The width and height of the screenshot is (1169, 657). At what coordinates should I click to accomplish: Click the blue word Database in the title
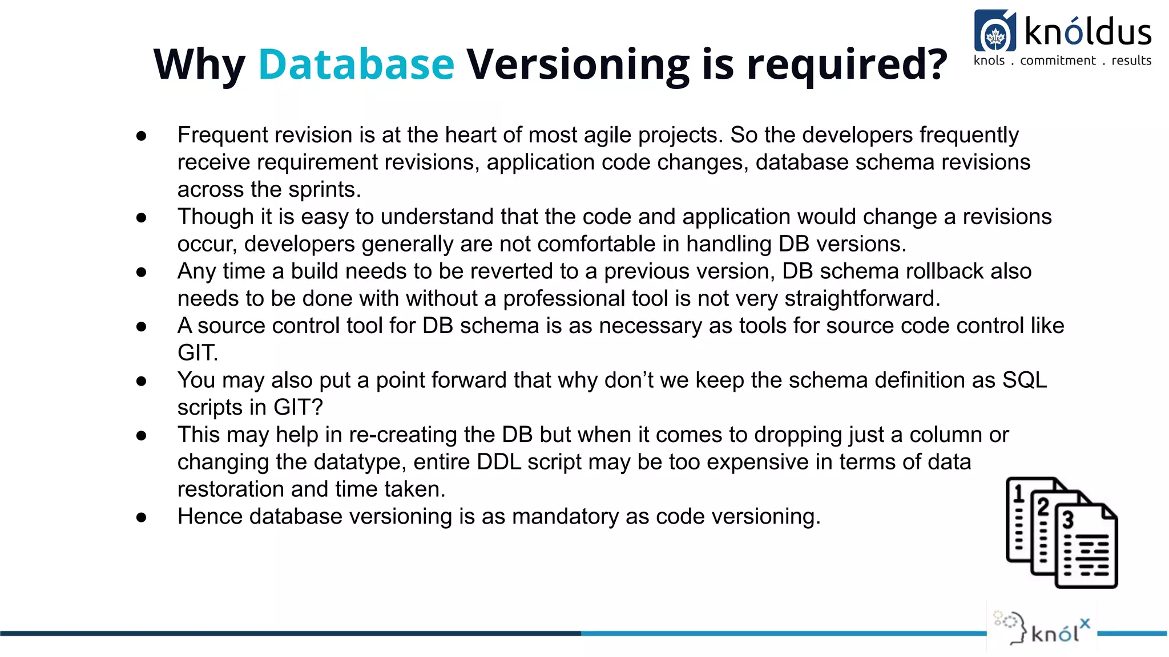[356, 64]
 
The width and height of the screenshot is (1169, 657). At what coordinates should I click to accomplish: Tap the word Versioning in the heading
[578, 64]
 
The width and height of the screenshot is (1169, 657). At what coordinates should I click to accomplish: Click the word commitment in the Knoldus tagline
[1058, 60]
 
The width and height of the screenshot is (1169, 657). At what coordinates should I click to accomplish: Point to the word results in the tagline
[1131, 60]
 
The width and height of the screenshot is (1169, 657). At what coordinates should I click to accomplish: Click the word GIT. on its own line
[197, 353]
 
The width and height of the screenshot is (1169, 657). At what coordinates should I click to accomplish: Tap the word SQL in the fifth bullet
[1025, 380]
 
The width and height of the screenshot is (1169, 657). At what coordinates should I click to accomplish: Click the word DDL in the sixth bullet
[499, 462]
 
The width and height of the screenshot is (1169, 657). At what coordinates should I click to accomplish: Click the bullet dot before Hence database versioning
[142, 517]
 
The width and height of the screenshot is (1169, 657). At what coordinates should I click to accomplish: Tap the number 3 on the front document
[1067, 520]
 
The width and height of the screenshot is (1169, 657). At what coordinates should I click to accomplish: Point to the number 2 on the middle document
[1043, 506]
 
